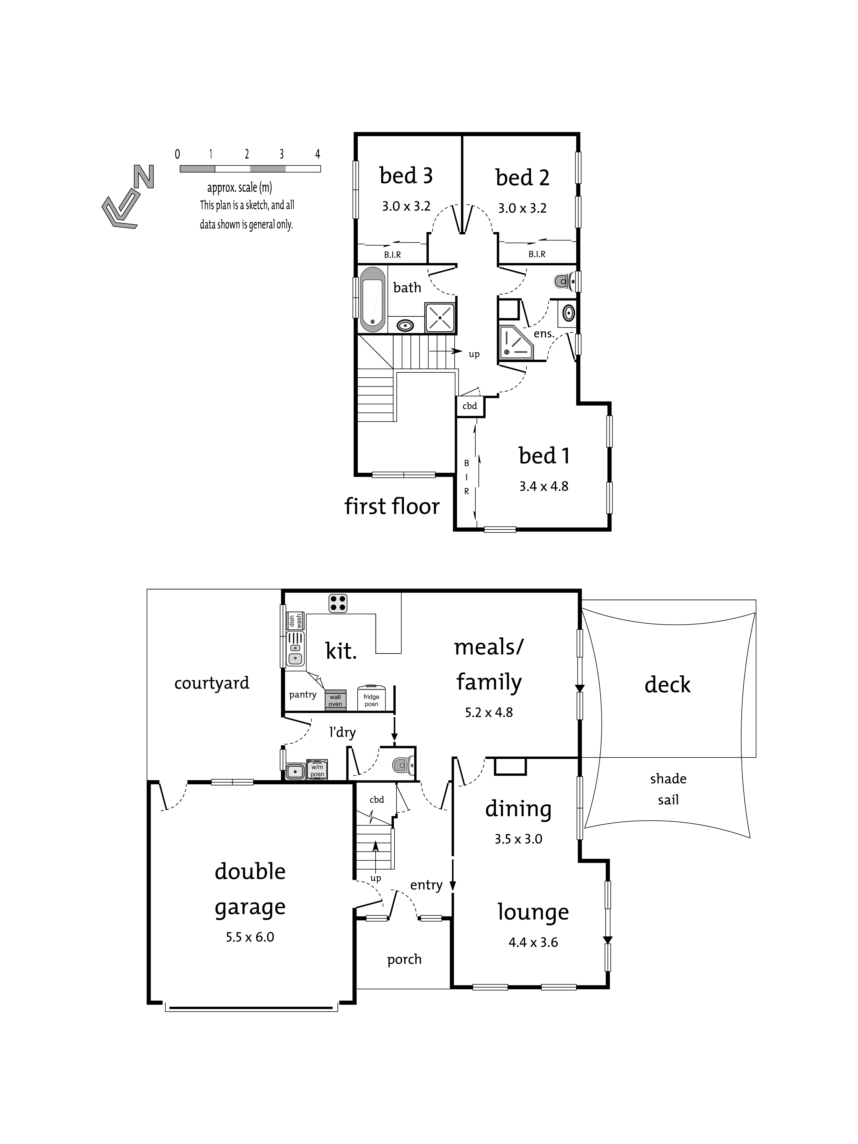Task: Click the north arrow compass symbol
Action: tap(127, 197)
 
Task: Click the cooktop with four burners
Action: tap(337, 603)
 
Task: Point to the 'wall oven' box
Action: tap(335, 700)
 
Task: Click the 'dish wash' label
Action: tap(295, 621)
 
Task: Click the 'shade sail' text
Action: tap(668, 789)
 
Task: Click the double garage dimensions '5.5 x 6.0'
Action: tap(250, 937)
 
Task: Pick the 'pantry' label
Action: tap(303, 695)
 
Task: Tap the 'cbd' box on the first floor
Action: tap(470, 406)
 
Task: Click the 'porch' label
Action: tap(405, 959)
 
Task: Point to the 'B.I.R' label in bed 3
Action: tap(392, 255)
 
